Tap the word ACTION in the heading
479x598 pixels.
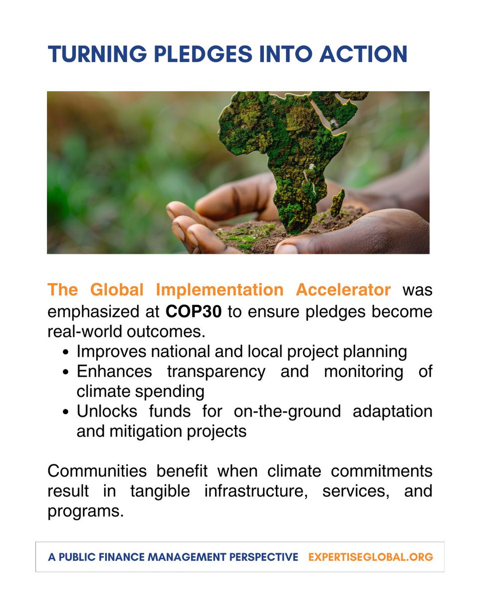point(366,54)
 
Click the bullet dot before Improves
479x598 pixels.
point(66,352)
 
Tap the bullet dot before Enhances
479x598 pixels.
point(66,372)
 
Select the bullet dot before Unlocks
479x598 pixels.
point(66,412)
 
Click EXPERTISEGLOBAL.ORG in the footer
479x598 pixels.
point(370,557)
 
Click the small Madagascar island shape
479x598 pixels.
point(337,202)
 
